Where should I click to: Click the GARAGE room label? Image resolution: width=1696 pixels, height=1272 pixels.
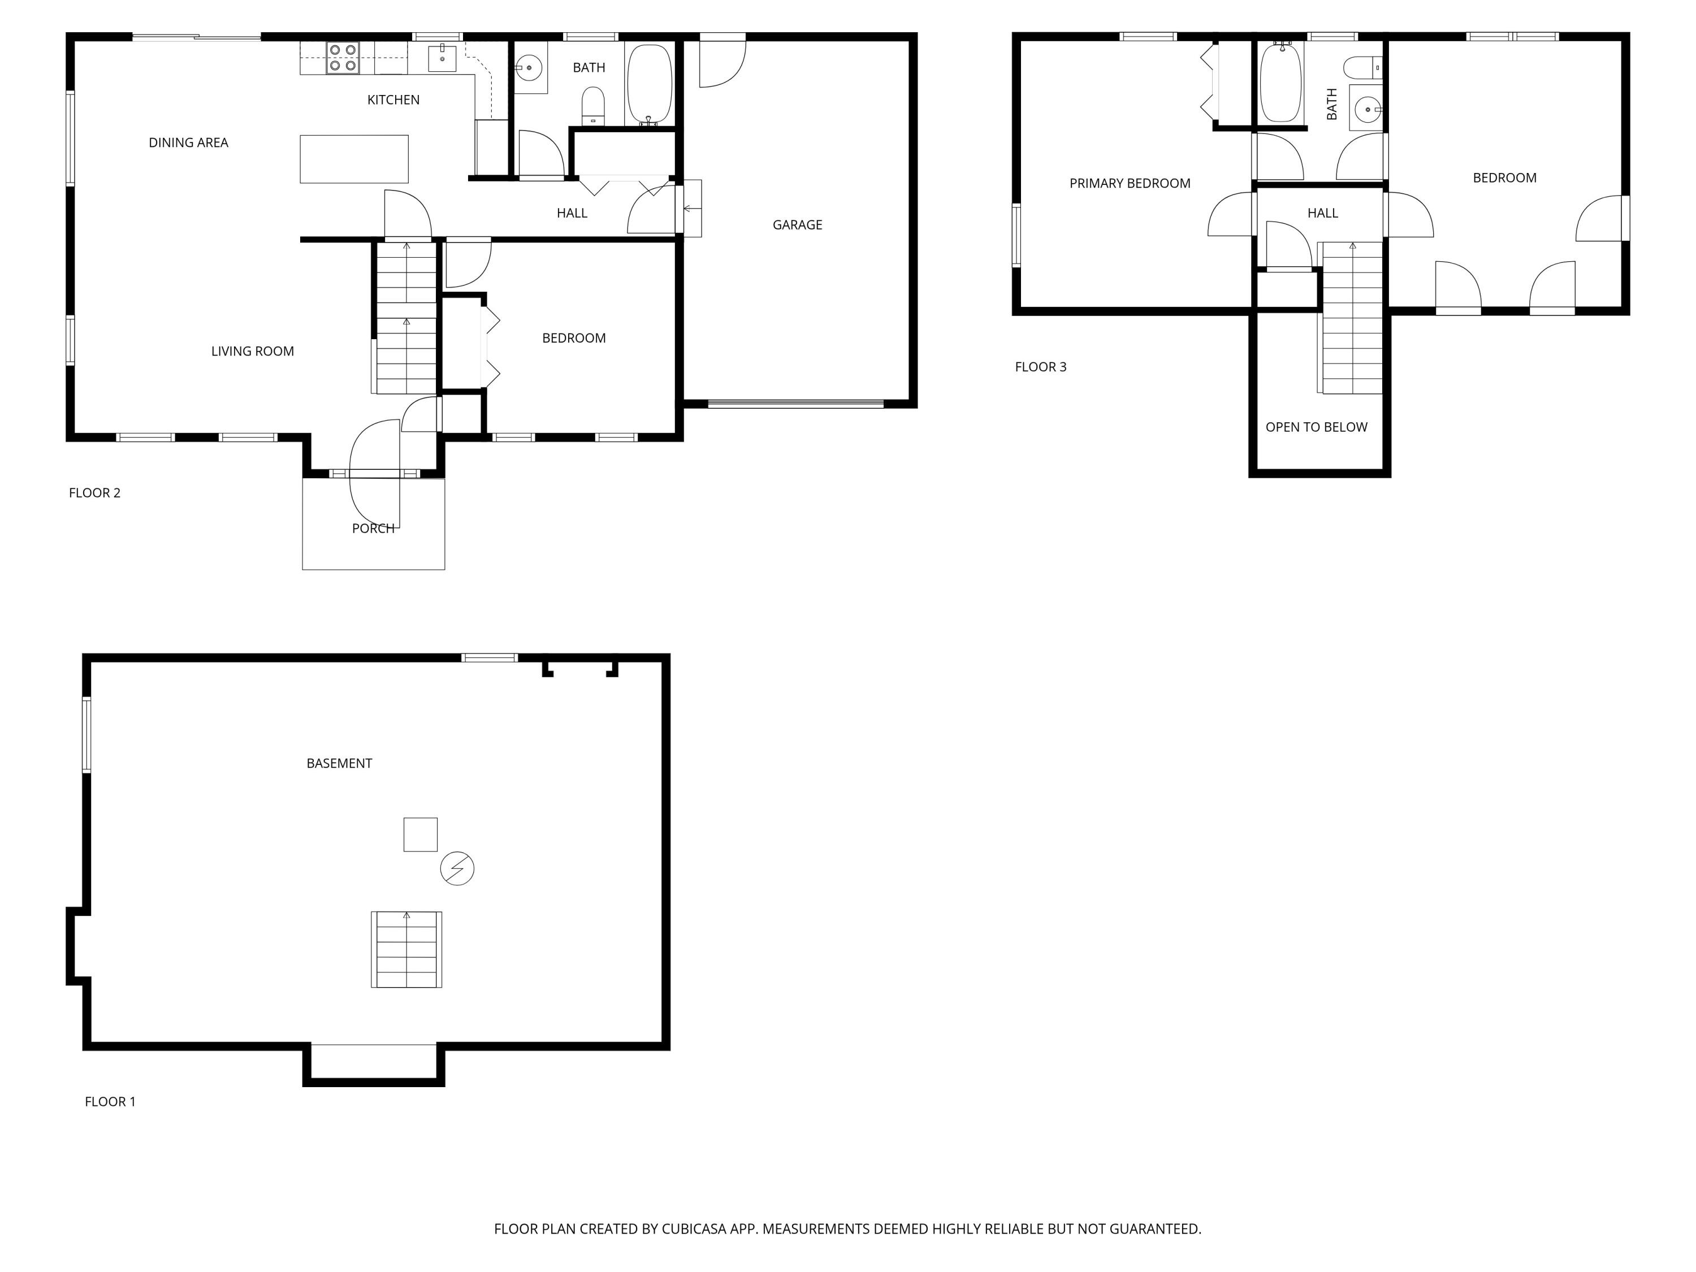[797, 224]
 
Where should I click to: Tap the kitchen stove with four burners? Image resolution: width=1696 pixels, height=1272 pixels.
[343, 58]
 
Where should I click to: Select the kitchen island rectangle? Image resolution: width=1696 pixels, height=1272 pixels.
[353, 159]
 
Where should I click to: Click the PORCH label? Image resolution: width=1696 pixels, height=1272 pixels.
[373, 528]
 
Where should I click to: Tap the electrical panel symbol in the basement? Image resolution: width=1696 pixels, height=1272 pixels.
[457, 869]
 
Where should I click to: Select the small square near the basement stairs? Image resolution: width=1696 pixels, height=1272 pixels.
[420, 834]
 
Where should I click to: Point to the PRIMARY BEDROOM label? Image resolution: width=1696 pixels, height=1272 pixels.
[1130, 183]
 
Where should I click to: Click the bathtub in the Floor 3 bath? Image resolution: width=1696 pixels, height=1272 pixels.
[1280, 82]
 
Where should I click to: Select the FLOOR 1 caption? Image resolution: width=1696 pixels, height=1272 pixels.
[110, 1102]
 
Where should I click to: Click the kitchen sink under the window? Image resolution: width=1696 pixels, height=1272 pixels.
[442, 58]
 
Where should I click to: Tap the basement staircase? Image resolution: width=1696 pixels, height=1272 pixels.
[406, 949]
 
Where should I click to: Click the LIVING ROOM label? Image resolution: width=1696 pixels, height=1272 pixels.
[252, 351]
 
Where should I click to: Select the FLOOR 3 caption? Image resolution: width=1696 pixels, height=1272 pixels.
[1040, 366]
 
